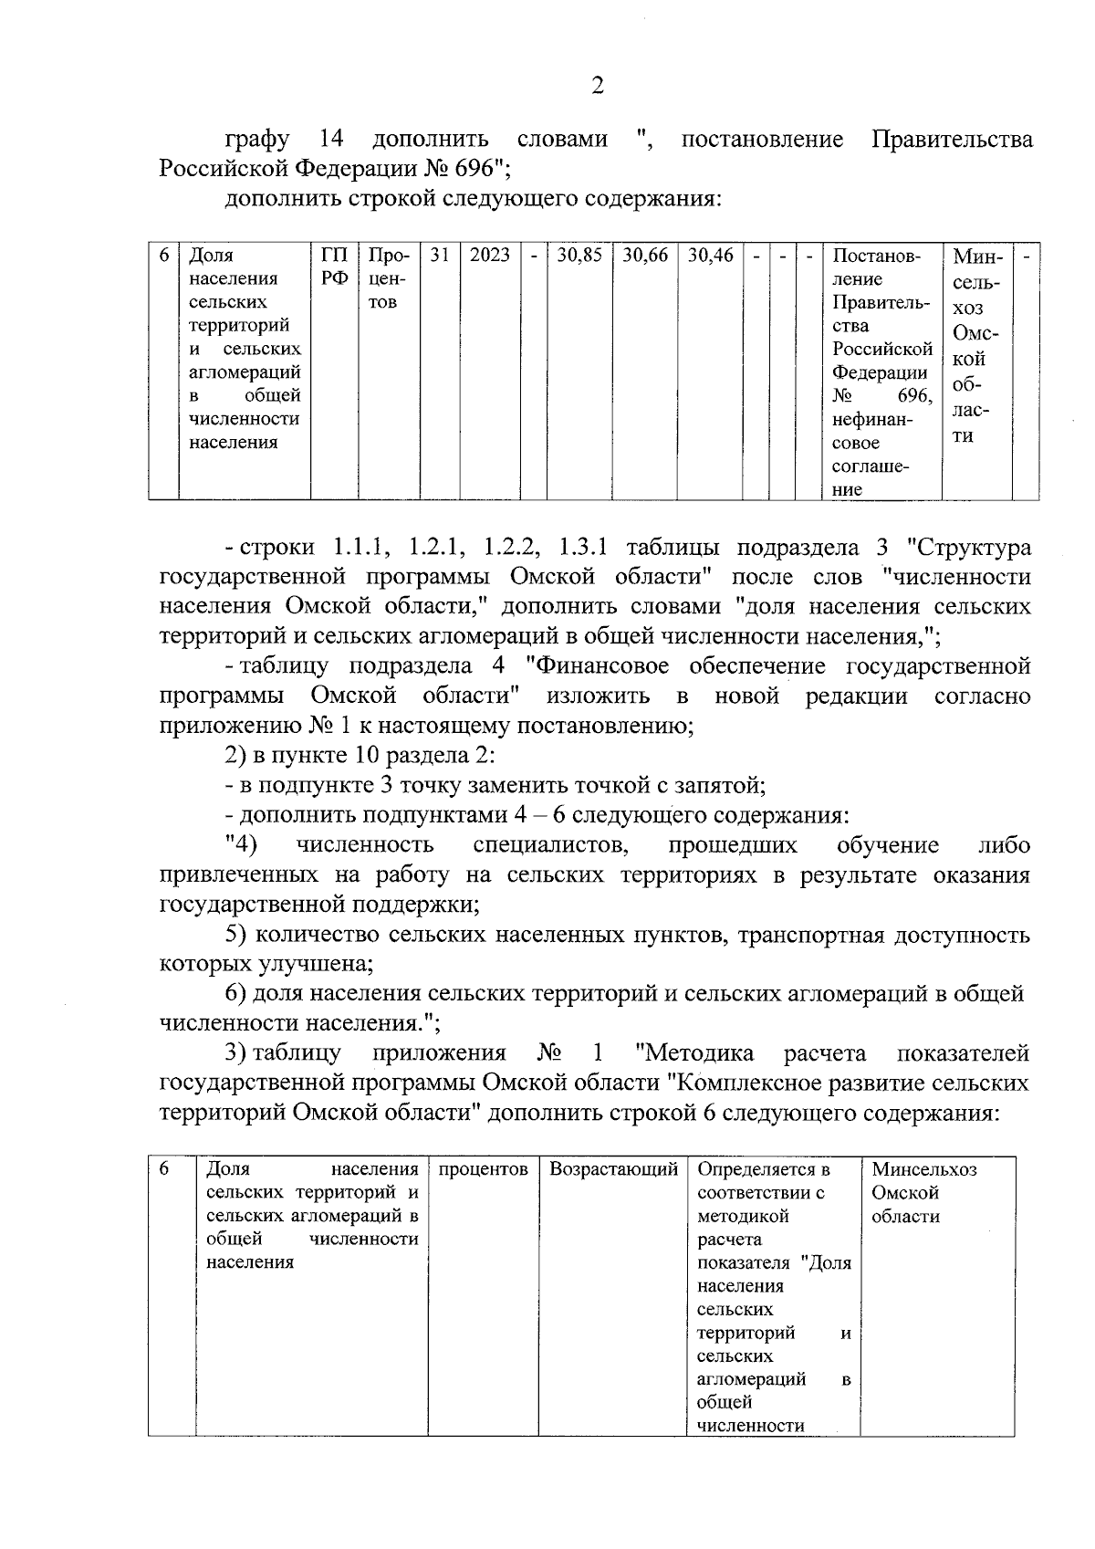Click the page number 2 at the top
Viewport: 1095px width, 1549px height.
pos(597,87)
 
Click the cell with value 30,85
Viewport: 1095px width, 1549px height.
pos(579,256)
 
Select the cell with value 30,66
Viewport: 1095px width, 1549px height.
pos(644,256)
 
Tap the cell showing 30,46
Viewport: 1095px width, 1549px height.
pos(710,256)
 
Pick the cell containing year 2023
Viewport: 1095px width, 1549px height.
pos(489,256)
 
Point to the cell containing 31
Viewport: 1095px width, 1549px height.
pos(440,256)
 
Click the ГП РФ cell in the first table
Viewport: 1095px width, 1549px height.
pos(335,267)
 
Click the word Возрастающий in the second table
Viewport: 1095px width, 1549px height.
pos(613,1169)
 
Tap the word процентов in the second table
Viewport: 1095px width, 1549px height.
pos(483,1169)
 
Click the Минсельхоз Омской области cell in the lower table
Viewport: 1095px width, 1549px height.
pos(923,1192)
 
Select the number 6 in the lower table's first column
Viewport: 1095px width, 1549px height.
pos(163,1169)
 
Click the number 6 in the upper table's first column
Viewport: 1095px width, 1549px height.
pos(163,256)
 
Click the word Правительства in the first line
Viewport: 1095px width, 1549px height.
pos(952,140)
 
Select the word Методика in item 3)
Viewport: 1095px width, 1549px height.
pos(699,1053)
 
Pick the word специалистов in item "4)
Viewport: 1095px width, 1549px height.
pos(550,845)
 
